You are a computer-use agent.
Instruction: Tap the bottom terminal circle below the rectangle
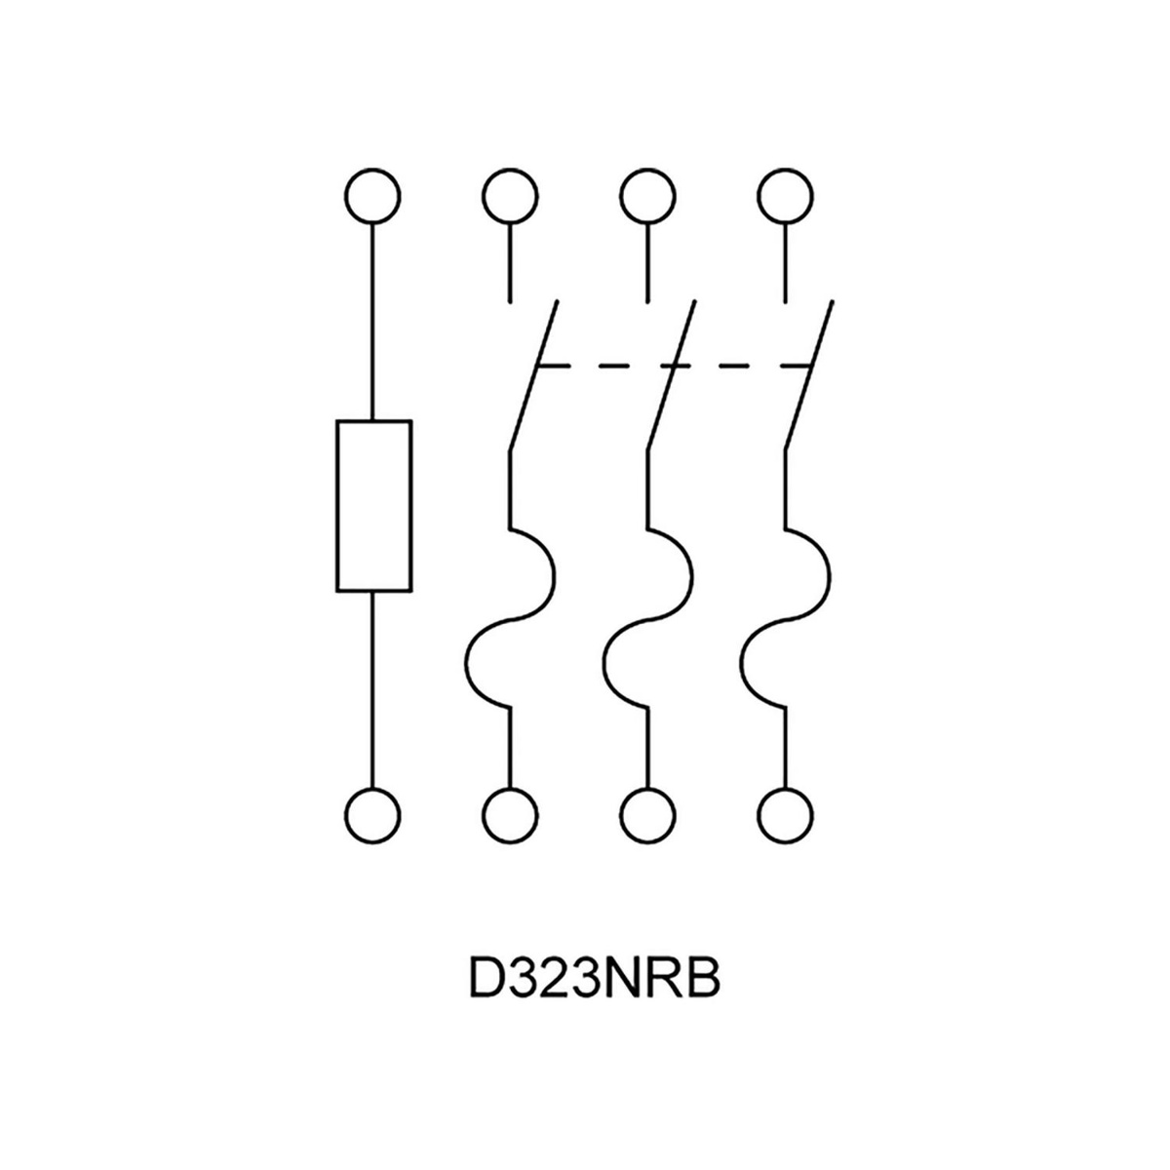372,811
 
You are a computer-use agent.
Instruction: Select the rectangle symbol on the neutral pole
372,505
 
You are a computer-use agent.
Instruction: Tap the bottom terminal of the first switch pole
509,811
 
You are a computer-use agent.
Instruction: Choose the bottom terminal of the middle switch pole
647,811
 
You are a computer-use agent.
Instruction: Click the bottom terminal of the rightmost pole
785,811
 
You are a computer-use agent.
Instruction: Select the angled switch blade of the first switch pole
532,375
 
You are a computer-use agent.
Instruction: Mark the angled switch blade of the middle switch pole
671,375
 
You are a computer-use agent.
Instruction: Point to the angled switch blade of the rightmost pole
808,375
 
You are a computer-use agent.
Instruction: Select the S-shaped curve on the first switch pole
509,619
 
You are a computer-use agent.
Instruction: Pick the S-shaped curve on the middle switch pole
647,619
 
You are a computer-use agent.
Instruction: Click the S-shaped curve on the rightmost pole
785,619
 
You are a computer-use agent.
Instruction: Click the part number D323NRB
594,980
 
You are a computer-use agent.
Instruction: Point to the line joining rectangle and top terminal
372,322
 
